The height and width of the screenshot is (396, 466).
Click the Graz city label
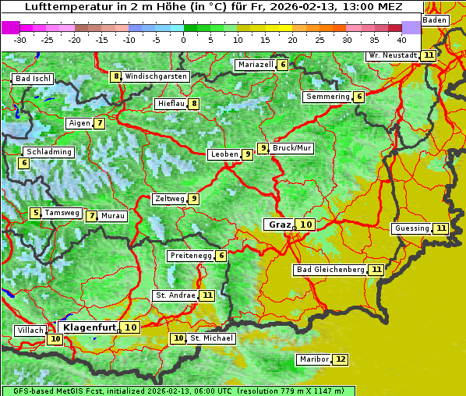(279, 225)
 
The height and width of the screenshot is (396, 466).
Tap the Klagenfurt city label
(90, 327)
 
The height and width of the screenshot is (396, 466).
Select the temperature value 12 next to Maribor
(341, 359)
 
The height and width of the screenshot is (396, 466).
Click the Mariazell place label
(256, 65)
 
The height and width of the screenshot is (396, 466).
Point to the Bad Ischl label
(34, 79)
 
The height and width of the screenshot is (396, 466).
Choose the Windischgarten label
(156, 76)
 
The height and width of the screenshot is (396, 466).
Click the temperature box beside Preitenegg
(221, 256)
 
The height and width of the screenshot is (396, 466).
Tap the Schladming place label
(48, 152)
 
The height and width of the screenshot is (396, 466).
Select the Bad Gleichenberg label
(330, 270)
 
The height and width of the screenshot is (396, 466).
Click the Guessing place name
(411, 228)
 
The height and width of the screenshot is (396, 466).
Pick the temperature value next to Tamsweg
(35, 213)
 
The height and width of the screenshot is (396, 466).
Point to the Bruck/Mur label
(292, 147)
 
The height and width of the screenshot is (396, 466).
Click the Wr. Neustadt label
(393, 55)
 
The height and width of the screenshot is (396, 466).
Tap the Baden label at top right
(436, 19)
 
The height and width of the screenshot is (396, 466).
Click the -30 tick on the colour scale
(20, 39)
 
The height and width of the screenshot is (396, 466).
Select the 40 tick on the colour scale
(401, 39)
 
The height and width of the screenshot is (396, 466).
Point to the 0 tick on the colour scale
(183, 39)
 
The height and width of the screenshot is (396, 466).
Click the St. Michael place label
(212, 338)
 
